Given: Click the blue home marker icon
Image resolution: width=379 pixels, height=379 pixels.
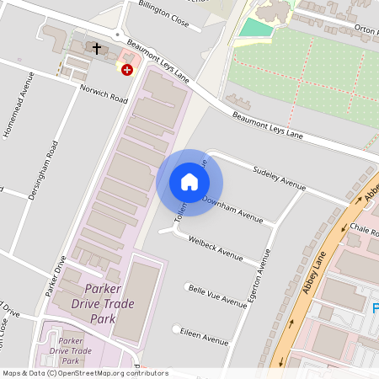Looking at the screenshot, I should click(189, 182).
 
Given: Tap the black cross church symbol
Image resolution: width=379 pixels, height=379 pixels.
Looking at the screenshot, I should click(97, 49).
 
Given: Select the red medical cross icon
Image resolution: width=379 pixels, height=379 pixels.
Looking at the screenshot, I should click(126, 71).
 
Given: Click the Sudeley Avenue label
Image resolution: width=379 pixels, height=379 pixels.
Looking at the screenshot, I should click(278, 178).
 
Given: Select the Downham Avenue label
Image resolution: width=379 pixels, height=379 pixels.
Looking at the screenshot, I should click(237, 209).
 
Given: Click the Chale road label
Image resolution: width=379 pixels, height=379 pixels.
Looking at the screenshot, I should click(367, 232).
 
